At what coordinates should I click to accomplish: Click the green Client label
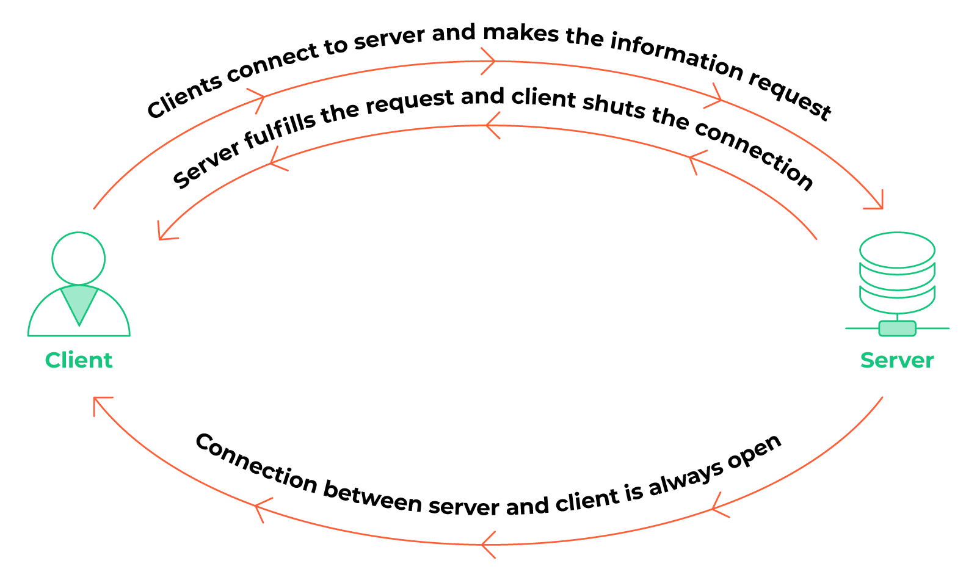[79, 360]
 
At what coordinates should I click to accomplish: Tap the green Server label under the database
[897, 360]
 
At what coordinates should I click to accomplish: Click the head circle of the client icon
[79, 259]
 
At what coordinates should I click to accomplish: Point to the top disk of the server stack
[897, 250]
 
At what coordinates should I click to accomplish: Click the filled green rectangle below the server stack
[897, 328]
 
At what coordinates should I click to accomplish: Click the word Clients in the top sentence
[184, 97]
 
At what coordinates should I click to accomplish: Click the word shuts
[614, 106]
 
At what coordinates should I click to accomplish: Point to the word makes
[521, 33]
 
